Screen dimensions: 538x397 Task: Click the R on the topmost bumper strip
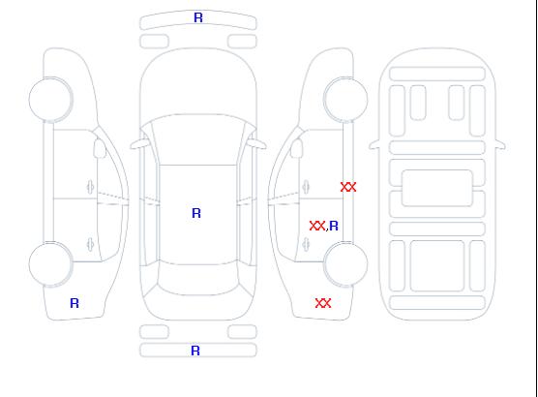pos(198,17)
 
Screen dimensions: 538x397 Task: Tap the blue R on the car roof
pos(196,213)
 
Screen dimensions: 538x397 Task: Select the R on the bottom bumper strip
pos(195,351)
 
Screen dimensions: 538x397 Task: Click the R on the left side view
pos(75,303)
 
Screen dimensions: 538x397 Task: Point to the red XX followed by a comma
pos(317,226)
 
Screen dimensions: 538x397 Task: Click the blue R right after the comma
pos(334,226)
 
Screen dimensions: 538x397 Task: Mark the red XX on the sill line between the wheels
pos(348,187)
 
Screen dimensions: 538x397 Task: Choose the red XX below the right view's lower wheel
pos(323,303)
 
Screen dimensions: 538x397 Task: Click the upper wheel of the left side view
pos(50,100)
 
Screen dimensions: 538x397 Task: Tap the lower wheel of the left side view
pos(50,264)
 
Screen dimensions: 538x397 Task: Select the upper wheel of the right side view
pos(345,100)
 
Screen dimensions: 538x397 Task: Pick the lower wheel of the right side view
pos(345,264)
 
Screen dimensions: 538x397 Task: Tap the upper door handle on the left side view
pos(91,187)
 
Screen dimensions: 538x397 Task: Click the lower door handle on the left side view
pos(91,244)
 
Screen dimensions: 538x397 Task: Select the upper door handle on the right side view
pos(306,187)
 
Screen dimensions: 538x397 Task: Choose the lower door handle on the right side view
pos(306,244)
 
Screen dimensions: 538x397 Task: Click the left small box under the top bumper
pos(155,42)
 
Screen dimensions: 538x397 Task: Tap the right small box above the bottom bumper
pos(242,332)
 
